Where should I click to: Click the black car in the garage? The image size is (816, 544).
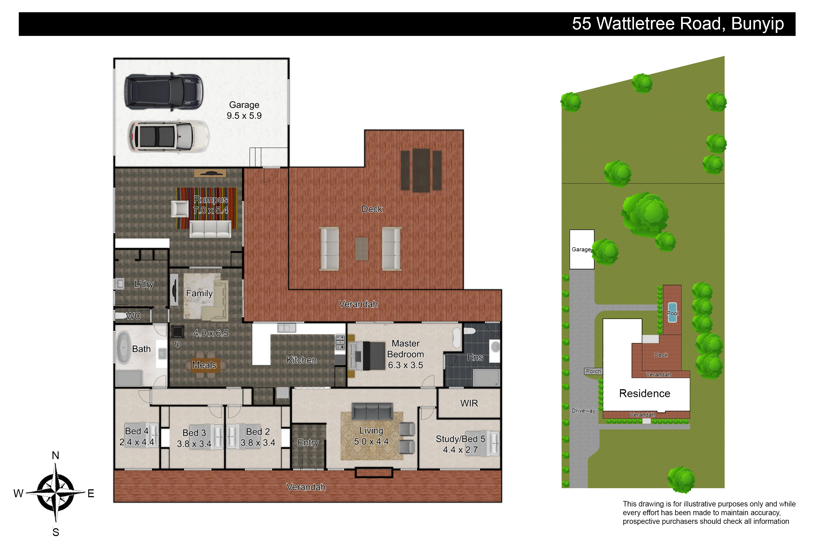click(164, 92)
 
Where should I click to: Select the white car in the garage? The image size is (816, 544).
click(169, 136)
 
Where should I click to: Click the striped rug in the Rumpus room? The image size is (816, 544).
click(207, 208)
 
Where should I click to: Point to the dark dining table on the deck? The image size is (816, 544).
click(421, 170)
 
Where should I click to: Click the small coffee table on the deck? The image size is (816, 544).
click(362, 249)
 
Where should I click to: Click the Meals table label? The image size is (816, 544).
click(204, 365)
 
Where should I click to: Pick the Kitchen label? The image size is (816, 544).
click(301, 360)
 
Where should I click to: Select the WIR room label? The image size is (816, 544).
click(469, 403)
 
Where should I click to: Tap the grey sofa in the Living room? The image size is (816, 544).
click(372, 411)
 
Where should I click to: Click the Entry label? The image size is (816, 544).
click(308, 443)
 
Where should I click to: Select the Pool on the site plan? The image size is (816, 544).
click(672, 312)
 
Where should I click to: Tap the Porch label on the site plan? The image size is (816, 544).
click(593, 371)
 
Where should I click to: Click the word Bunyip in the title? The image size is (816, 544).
click(757, 24)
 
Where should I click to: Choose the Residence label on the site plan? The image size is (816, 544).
click(645, 393)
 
